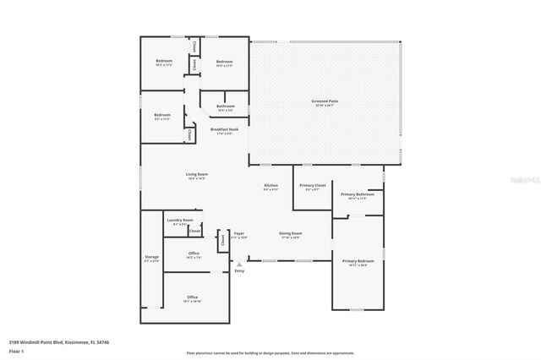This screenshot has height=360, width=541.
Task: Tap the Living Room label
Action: tap(197, 177)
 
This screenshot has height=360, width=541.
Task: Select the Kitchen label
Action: tap(270, 187)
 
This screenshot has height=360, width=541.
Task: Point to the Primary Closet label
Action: tap(313, 187)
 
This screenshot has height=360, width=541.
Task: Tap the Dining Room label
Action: tap(291, 235)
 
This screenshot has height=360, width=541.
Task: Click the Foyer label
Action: tap(239, 235)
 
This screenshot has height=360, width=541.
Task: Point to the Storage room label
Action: tap(151, 258)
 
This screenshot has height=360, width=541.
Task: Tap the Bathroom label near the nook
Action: tap(225, 107)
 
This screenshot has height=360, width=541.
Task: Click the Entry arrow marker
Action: tap(239, 265)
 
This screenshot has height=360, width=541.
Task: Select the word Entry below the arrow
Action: tap(239, 271)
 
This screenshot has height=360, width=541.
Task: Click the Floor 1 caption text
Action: tap(16, 351)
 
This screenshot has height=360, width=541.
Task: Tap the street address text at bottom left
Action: tap(58, 342)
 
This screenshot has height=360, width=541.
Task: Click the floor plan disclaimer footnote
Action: tap(270, 352)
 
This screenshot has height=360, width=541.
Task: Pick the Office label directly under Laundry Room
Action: tap(194, 254)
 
